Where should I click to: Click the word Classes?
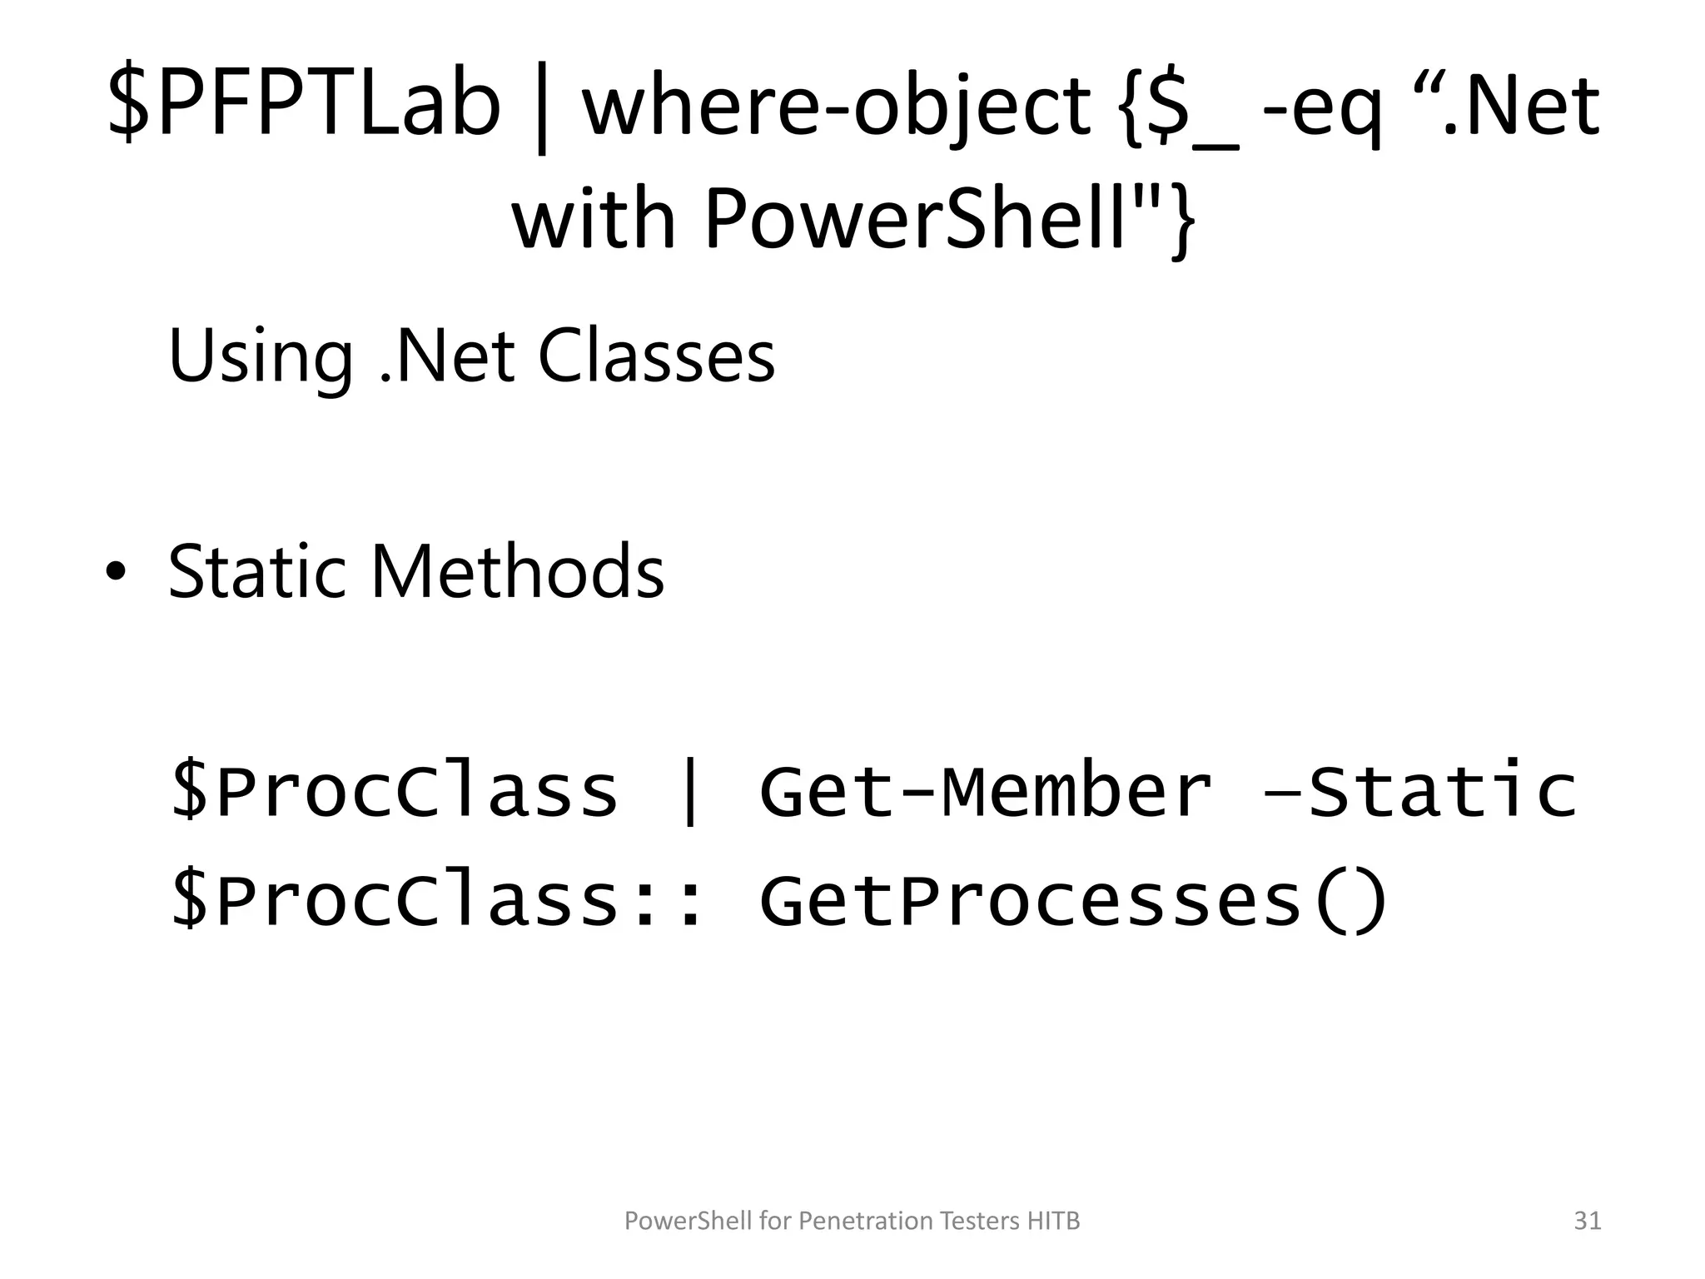pyautogui.click(x=656, y=356)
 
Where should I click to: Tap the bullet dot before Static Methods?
pyautogui.click(x=116, y=572)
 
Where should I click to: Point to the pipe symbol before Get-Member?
pyautogui.click(x=689, y=791)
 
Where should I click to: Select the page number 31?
pyautogui.click(x=1588, y=1221)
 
